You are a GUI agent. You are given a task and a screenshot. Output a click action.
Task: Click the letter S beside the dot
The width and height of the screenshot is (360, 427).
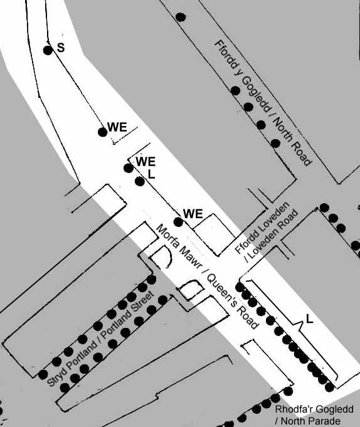coord(61,48)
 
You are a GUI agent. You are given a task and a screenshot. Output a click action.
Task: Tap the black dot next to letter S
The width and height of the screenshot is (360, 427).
coord(48,50)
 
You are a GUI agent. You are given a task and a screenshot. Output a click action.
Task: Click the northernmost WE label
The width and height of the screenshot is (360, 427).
coord(117,127)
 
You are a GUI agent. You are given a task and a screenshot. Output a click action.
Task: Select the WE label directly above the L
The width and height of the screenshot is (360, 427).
coord(146,162)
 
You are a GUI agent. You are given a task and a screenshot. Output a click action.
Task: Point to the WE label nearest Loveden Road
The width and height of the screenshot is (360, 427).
coord(193,214)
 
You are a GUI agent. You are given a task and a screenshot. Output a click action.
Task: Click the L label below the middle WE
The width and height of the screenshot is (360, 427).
coord(151,174)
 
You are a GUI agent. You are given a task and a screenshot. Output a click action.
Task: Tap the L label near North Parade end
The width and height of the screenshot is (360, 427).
coord(309,319)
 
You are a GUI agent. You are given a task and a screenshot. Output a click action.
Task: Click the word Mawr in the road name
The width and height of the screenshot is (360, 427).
coord(190,257)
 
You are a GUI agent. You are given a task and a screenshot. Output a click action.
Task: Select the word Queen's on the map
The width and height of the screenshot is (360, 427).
coord(221,291)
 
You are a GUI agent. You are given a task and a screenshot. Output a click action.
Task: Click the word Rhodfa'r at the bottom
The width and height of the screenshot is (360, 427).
coord(295,409)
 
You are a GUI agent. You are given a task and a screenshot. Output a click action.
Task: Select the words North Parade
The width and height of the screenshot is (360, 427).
coord(310,421)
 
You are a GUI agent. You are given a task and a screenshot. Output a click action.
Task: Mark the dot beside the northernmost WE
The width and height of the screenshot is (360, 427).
coord(103,132)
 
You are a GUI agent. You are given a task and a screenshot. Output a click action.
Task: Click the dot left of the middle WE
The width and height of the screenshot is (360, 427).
coord(129,168)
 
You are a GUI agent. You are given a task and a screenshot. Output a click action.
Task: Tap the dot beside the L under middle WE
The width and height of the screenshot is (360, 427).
coord(140,181)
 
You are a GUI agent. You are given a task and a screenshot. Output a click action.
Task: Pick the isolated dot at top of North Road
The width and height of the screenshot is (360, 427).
coord(181,17)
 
